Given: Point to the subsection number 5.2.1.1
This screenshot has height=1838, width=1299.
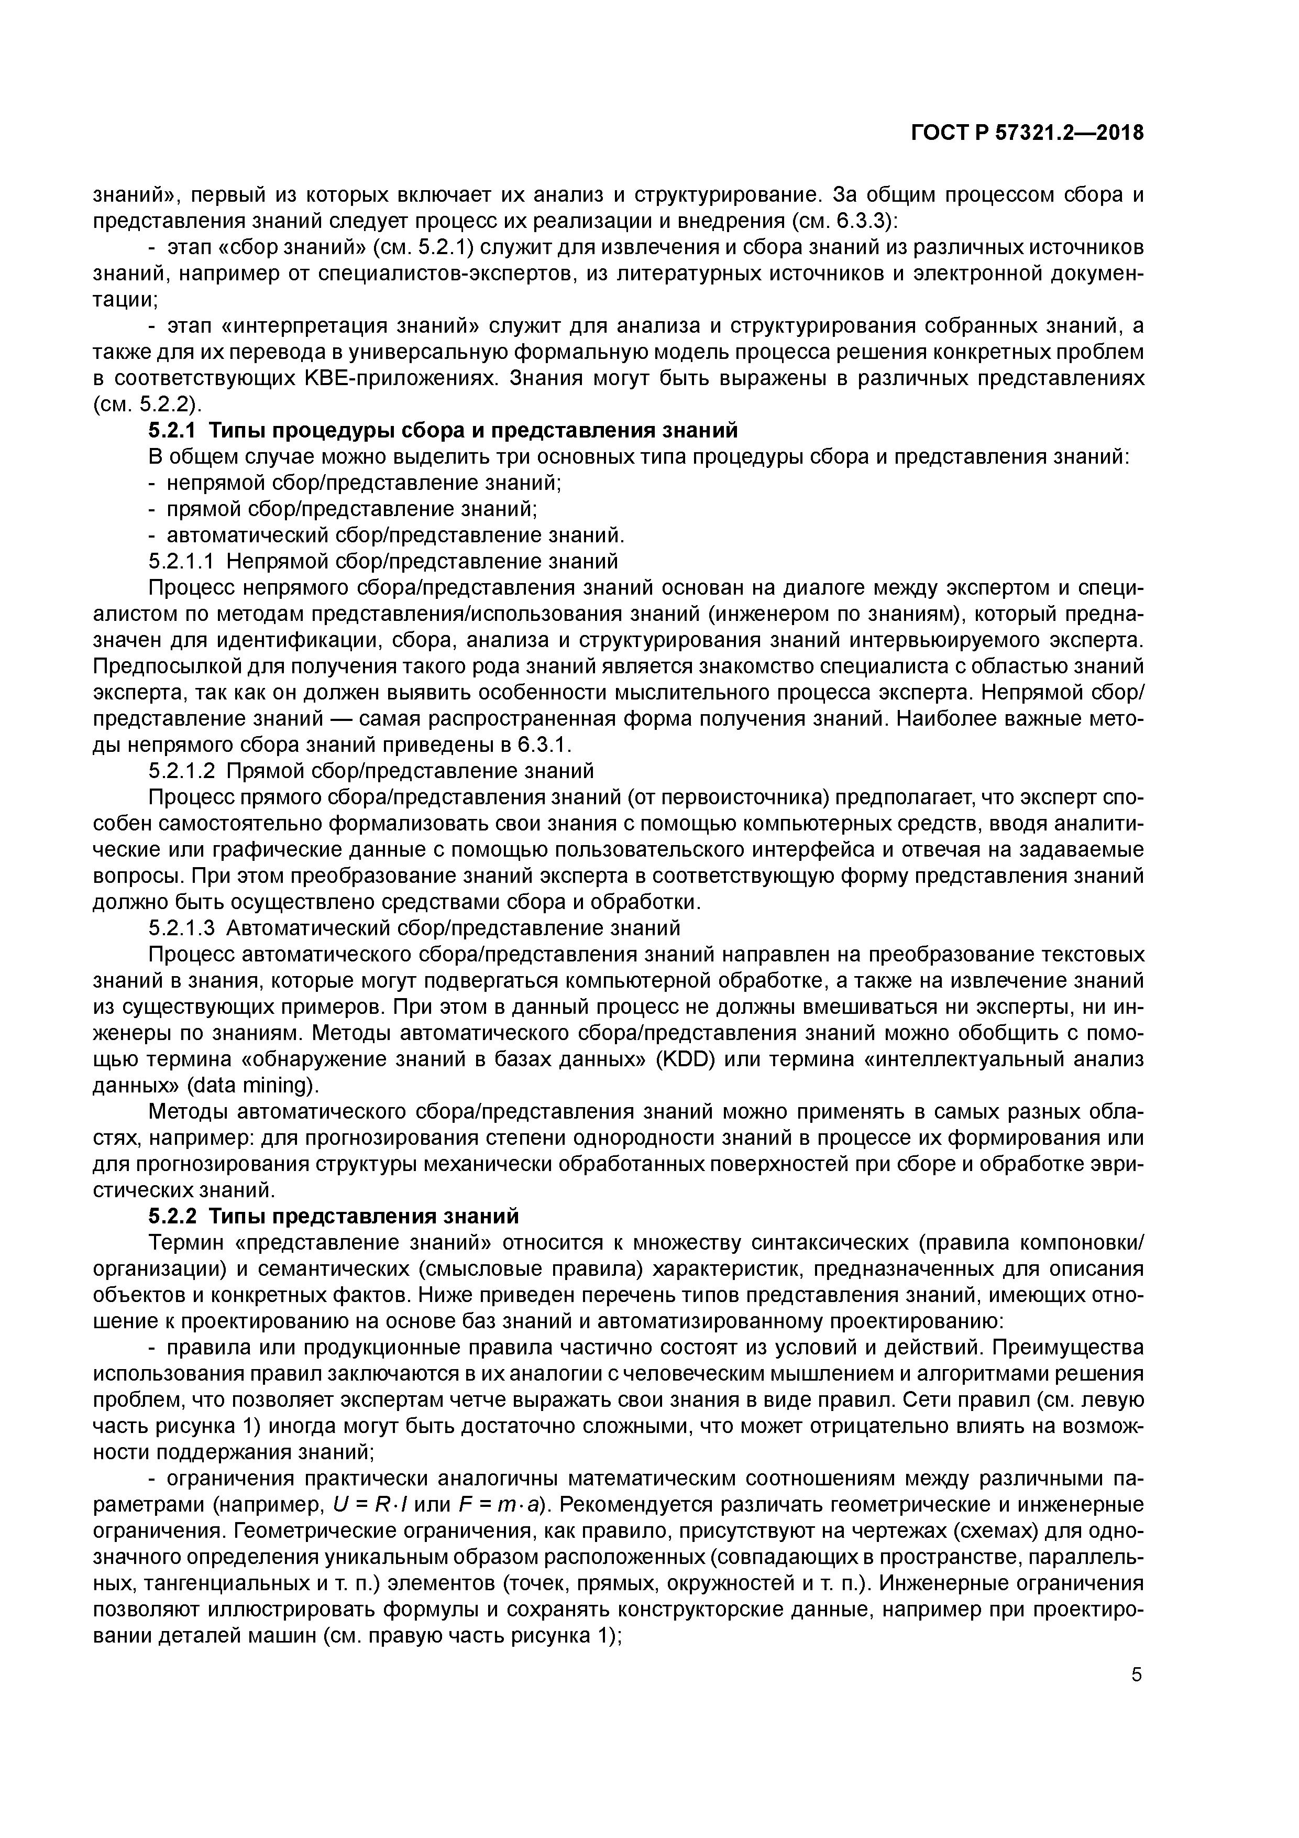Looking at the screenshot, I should tap(182, 561).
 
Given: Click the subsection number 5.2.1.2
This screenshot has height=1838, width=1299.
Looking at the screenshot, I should tap(182, 771).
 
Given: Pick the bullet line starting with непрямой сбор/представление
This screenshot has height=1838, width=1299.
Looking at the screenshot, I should tap(364, 483).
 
